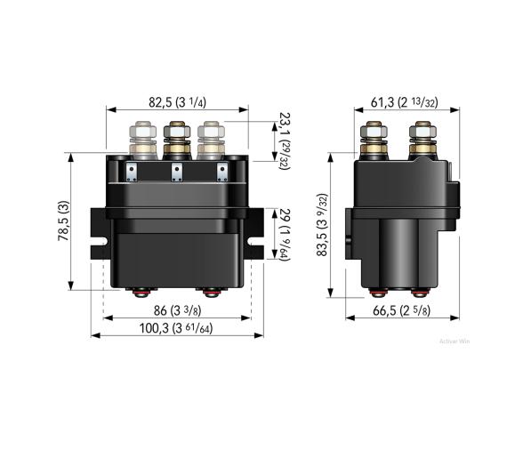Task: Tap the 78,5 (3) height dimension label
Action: coord(63,221)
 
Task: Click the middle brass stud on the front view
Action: coord(176,137)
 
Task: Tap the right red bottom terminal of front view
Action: coord(211,292)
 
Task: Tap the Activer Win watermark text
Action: coord(455,341)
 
